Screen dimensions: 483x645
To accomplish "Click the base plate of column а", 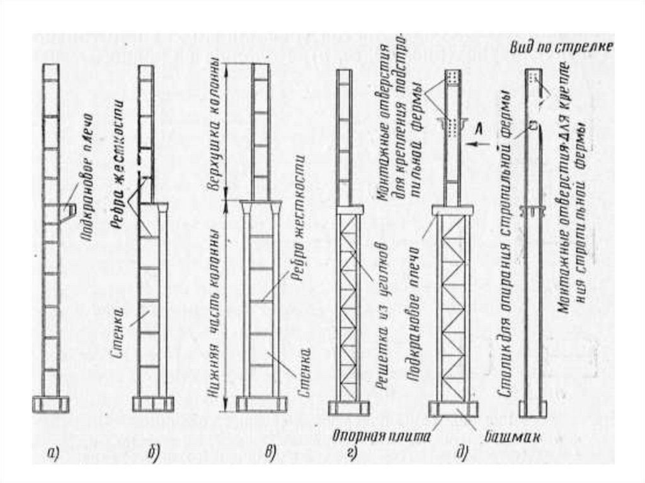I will (51, 404).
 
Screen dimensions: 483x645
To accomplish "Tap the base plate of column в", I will (261, 404).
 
